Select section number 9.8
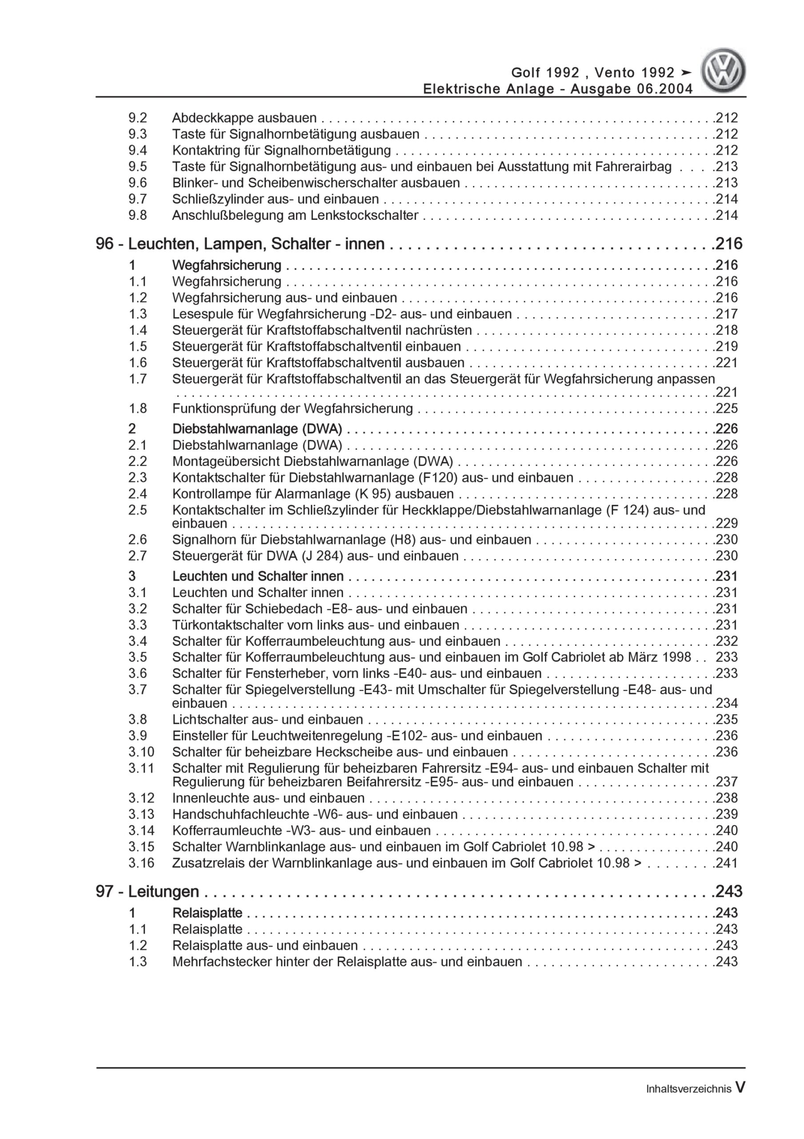(x=137, y=215)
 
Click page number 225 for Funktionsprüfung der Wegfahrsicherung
(x=727, y=408)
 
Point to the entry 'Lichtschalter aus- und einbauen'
(x=267, y=719)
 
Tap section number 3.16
(x=141, y=863)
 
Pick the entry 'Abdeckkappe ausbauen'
(x=244, y=118)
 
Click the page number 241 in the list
(x=727, y=863)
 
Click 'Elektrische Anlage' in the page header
(x=489, y=89)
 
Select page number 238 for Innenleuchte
(x=727, y=798)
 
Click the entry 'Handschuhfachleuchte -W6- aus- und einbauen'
(x=315, y=814)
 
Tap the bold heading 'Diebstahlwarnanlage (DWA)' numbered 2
(x=257, y=428)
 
